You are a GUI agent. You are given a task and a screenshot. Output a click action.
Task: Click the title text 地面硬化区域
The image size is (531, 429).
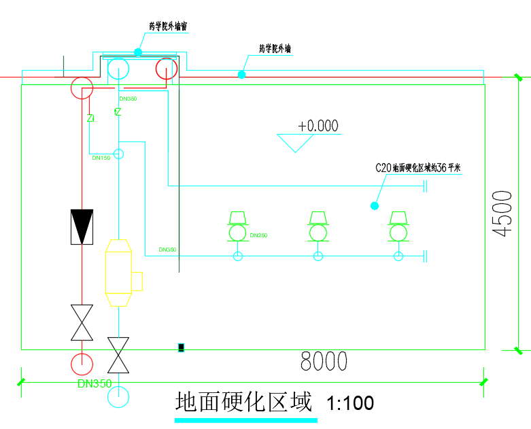(243, 402)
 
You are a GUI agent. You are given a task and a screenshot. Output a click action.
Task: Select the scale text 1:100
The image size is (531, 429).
(350, 403)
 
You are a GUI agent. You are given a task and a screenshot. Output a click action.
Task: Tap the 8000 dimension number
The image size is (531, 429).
(324, 362)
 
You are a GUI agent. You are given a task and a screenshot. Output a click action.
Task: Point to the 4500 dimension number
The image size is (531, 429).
(502, 213)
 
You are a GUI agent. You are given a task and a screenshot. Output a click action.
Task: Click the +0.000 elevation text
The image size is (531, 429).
(318, 126)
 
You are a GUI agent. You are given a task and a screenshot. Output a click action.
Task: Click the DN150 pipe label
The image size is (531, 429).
(101, 158)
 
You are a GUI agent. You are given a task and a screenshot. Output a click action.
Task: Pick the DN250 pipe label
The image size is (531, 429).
(258, 235)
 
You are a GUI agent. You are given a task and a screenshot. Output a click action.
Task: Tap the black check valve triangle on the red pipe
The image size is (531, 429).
(82, 226)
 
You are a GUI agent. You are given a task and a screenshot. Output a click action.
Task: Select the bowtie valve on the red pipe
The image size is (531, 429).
(82, 322)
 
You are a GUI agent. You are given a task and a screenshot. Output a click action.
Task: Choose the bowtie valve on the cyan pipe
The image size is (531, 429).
(119, 354)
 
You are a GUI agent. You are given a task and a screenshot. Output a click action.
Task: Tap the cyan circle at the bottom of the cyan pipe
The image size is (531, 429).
(119, 396)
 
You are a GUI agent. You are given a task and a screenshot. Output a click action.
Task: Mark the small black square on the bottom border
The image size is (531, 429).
(181, 348)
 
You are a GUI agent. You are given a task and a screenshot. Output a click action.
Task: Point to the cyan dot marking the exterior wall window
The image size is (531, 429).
(138, 52)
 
